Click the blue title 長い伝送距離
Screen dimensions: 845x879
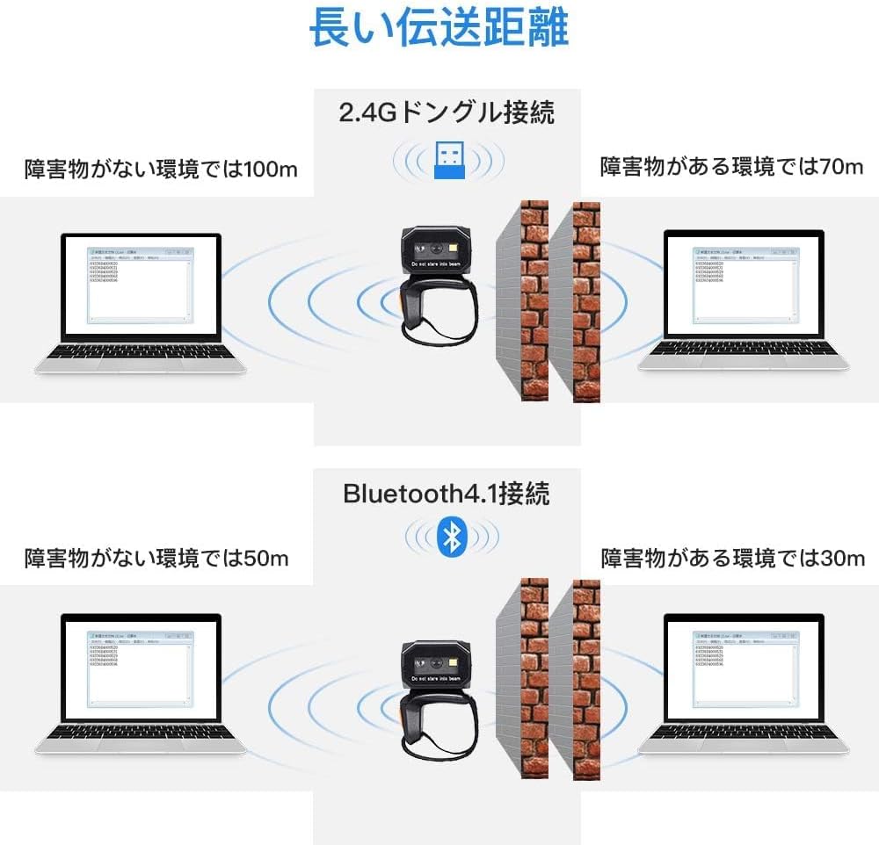[439, 29]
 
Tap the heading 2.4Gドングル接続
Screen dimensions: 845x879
[447, 112]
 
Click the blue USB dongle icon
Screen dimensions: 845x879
[449, 159]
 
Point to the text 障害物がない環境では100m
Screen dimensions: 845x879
[161, 168]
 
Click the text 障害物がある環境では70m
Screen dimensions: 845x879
[731, 167]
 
